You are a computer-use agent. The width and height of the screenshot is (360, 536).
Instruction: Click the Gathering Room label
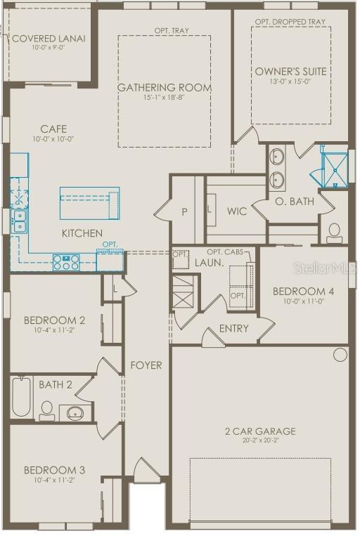click(164, 87)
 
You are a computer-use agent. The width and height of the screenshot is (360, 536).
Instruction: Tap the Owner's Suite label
click(290, 71)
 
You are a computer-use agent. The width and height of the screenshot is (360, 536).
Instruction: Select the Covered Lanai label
click(49, 38)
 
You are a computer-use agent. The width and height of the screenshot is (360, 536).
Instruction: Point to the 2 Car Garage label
click(259, 431)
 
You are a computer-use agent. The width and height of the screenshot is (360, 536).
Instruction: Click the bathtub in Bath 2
click(20, 397)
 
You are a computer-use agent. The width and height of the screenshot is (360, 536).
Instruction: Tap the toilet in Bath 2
click(47, 409)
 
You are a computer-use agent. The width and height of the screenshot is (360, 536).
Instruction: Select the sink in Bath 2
click(75, 412)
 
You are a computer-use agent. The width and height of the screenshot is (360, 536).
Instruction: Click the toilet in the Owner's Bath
click(334, 231)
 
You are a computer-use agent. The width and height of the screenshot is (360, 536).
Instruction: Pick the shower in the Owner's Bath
click(334, 167)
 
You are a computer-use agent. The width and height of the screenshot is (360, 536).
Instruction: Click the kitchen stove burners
click(67, 262)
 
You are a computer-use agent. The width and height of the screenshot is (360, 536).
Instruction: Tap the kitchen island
click(89, 203)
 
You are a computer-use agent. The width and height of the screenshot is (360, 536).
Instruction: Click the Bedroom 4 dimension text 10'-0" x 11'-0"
click(298, 301)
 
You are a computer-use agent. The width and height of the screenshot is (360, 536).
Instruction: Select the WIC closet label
click(236, 211)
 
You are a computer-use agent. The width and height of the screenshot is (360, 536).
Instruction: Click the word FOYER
click(146, 365)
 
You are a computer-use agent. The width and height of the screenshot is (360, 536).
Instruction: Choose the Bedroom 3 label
click(54, 470)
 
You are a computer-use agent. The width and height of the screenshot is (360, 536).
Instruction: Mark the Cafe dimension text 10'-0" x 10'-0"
click(53, 139)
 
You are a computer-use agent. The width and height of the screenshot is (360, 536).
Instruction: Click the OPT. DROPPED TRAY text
click(290, 22)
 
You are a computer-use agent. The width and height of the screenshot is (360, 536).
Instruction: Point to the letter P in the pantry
click(185, 211)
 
